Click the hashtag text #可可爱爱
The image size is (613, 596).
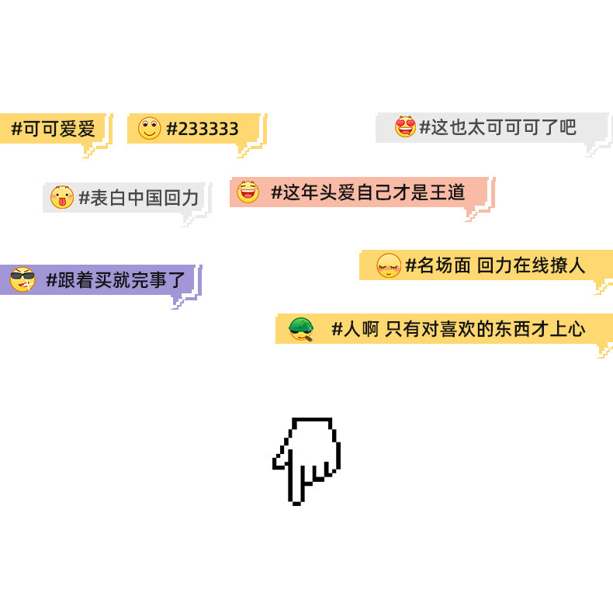tap(53, 129)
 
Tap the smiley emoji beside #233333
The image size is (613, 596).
tap(150, 128)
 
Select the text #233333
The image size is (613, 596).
tap(203, 129)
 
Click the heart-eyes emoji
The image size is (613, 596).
tap(405, 126)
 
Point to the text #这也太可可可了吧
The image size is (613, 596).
tap(497, 127)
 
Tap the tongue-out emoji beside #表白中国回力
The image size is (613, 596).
tap(62, 197)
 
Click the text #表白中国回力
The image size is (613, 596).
tap(139, 198)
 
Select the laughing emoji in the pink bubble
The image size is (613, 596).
tap(248, 191)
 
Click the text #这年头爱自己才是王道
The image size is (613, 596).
tap(367, 192)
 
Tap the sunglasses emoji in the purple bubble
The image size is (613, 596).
tap(23, 279)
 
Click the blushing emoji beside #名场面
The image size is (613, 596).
tap(388, 265)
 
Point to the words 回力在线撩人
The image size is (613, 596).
tap(531, 265)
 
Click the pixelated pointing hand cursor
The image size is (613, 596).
tap(306, 459)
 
